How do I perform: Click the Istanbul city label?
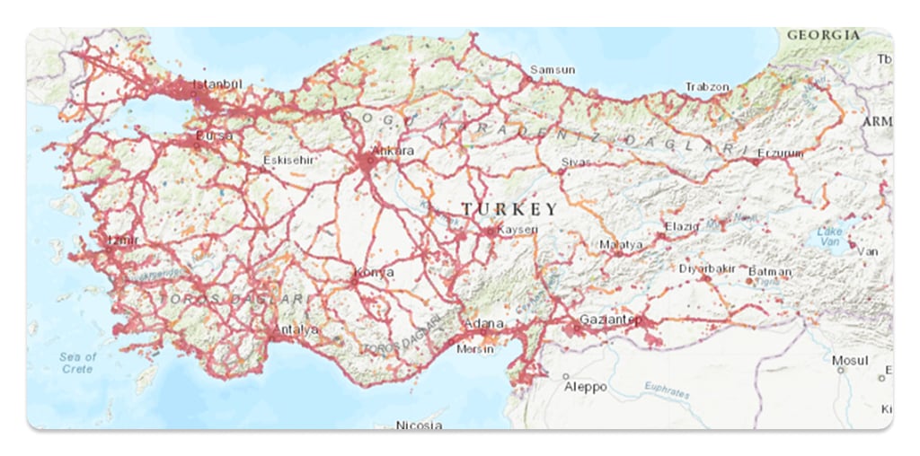(218, 84)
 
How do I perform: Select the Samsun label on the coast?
(552, 70)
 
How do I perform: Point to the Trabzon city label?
(707, 87)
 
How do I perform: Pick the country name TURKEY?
(509, 209)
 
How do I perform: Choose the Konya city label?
(376, 273)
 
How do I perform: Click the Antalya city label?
(296, 329)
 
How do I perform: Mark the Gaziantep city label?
(611, 320)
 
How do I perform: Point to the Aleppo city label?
(585, 387)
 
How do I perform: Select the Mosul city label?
(850, 361)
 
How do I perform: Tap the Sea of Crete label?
(77, 363)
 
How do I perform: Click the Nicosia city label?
(419, 425)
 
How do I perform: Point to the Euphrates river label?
(668, 388)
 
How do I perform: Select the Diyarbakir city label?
(708, 268)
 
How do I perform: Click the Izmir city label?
(123, 241)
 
